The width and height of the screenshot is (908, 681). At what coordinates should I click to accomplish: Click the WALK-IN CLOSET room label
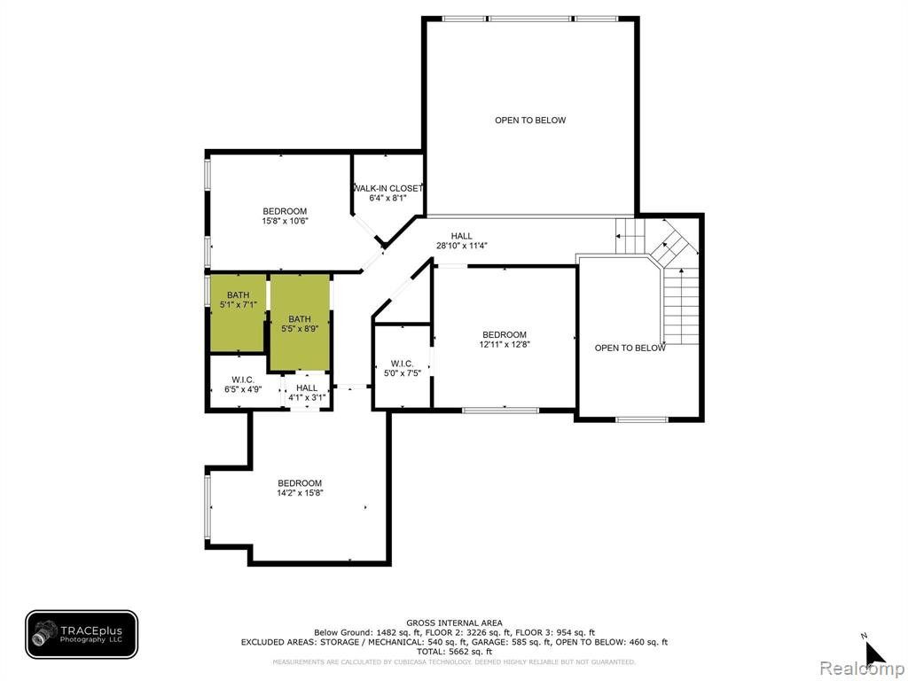388,188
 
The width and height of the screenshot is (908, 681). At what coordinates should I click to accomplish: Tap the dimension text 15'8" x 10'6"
285,221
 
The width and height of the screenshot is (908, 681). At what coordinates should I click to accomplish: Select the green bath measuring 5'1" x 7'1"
238,312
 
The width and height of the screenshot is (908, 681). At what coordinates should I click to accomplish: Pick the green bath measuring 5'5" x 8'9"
300,322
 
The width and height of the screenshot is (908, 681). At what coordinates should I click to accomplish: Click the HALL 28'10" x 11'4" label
461,240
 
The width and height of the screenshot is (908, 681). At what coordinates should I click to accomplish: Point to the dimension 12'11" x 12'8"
505,344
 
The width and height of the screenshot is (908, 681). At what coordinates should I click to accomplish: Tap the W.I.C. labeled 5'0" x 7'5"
402,368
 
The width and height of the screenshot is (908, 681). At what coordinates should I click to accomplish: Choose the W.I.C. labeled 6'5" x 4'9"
243,385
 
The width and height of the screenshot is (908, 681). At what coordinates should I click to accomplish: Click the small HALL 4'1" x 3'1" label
307,393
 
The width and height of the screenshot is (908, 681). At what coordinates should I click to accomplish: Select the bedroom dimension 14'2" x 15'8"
300,493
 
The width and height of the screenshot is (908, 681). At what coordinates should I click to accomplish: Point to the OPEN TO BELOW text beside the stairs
630,348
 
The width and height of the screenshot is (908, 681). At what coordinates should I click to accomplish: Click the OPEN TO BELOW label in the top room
530,121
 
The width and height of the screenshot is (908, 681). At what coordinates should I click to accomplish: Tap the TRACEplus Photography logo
82,635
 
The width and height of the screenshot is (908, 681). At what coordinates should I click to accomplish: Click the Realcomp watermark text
862,669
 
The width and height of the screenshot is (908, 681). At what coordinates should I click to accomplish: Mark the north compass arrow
874,654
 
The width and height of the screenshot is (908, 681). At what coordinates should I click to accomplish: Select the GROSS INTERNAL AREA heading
454,623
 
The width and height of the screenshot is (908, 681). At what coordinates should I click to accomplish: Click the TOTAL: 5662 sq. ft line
454,652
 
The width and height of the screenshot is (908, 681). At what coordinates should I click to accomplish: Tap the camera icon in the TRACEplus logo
44,632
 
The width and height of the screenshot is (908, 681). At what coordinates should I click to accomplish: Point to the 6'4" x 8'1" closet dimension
388,198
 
